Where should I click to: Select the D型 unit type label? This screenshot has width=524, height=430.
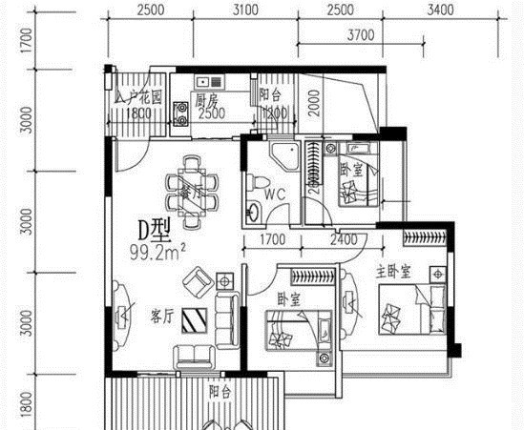(x=154, y=231)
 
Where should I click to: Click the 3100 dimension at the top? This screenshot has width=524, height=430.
(x=245, y=10)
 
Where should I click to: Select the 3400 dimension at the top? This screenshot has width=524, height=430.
(x=439, y=10)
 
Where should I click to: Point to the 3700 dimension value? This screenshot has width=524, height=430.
(x=359, y=35)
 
